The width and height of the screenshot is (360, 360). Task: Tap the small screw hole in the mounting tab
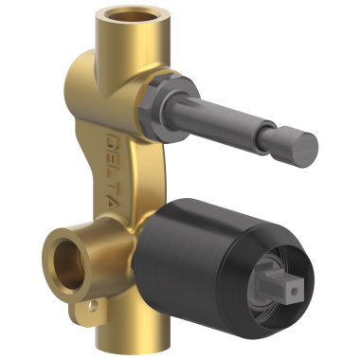click(93, 306)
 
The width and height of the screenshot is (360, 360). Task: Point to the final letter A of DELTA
click(112, 201)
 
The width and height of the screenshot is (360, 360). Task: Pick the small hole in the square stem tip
click(294, 290)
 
